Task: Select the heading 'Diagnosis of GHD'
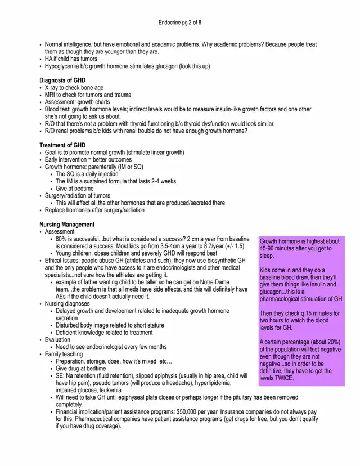point(62,80)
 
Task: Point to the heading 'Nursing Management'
point(66,225)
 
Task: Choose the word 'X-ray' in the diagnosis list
point(53,88)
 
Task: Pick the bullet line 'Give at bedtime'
point(78,189)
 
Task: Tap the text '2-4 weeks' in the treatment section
point(163,181)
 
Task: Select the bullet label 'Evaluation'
point(57,339)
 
